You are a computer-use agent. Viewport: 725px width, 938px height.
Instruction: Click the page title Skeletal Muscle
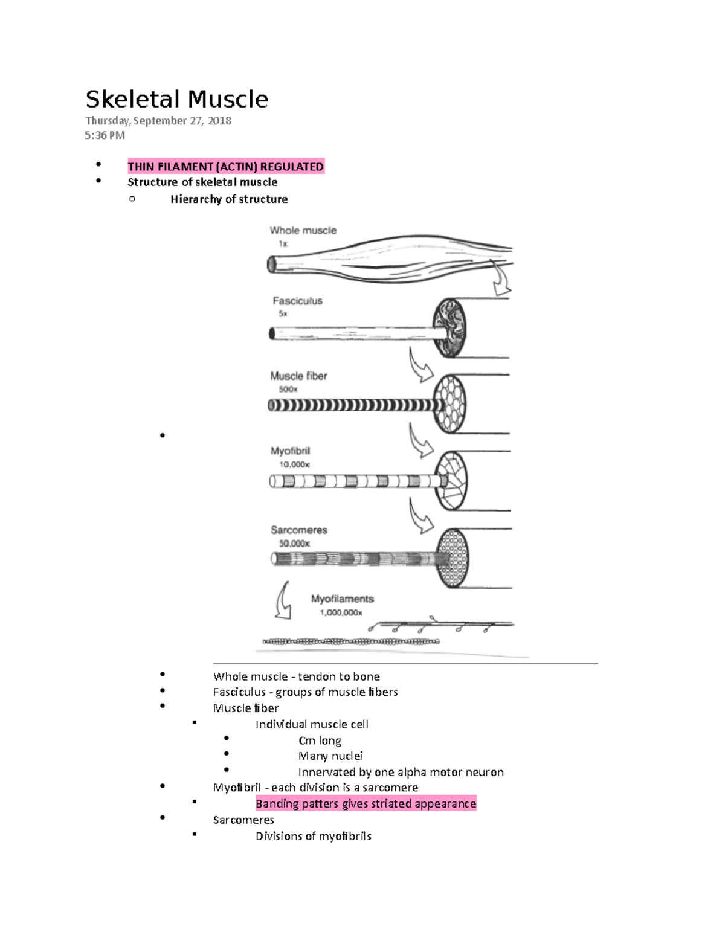[x=176, y=99]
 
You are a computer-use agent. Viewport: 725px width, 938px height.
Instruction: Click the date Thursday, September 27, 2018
[x=158, y=121]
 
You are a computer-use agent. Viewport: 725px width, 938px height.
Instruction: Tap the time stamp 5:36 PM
[x=105, y=135]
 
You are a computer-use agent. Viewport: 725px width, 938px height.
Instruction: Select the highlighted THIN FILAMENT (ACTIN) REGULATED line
[x=226, y=167]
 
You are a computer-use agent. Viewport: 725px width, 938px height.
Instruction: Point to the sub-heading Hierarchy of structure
[x=228, y=199]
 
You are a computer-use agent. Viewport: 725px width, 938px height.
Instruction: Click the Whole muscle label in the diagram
[x=303, y=230]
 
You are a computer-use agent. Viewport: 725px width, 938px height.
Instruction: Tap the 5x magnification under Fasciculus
[x=283, y=314]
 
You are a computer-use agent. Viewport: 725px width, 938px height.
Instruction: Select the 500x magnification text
[x=288, y=390]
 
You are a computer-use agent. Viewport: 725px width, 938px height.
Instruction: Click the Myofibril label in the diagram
[x=290, y=451]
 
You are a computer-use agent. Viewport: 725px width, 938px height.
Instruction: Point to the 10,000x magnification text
[x=294, y=465]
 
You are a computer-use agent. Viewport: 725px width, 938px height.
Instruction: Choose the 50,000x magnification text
[x=294, y=544]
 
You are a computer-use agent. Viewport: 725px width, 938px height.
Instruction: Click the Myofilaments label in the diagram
[x=342, y=599]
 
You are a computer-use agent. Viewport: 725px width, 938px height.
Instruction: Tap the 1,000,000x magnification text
[x=341, y=613]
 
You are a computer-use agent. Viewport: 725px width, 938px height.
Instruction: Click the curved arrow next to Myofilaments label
[x=283, y=602]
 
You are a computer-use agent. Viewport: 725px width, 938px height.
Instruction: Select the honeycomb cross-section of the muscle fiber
[x=450, y=403]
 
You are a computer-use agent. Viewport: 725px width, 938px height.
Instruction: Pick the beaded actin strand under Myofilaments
[x=350, y=641]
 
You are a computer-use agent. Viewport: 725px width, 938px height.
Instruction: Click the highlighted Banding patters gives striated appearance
[x=366, y=804]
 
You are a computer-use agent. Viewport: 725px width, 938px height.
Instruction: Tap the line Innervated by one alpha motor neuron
[x=401, y=773]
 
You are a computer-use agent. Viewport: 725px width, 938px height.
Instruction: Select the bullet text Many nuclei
[x=330, y=756]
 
